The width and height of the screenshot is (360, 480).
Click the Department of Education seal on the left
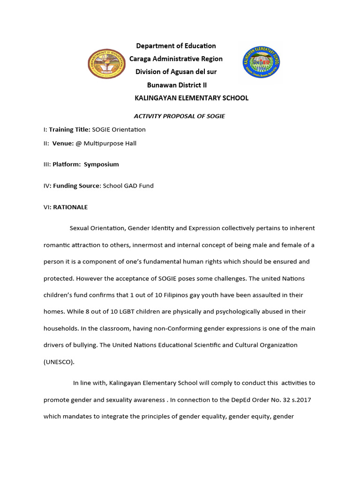pos(106,64)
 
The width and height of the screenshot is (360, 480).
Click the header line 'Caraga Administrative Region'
pos(176,59)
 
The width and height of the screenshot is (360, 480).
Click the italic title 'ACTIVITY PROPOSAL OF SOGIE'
pos(180,116)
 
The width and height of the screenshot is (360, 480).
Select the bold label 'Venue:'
pos(63,143)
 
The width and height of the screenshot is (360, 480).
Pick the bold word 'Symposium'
pos(101,165)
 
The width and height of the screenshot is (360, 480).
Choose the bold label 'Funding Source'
pos(76,186)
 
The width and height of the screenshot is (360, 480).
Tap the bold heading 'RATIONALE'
pos(70,207)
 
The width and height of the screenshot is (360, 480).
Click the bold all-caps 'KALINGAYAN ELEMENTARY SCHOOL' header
pos(191,98)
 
